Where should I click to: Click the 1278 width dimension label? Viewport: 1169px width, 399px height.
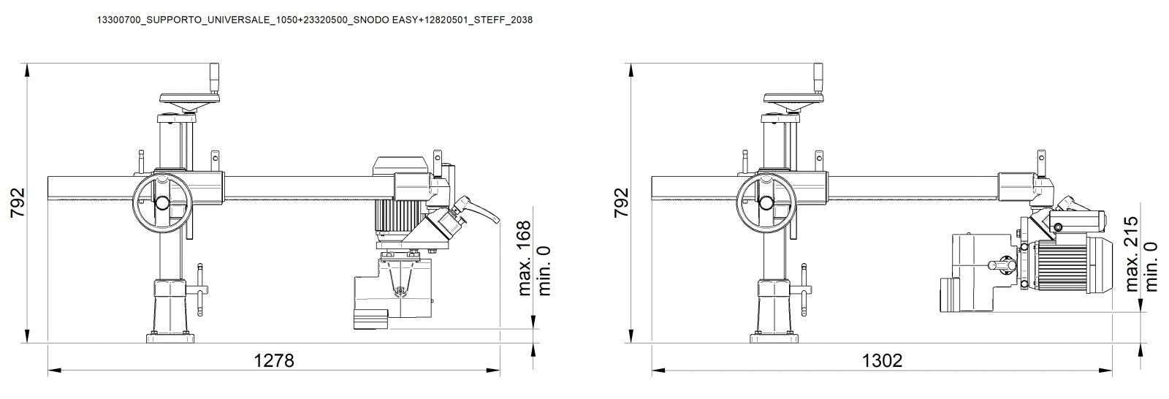(274, 360)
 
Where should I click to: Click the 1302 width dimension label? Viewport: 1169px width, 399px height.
(882, 360)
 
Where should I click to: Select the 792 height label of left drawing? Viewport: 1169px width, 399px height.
(18, 202)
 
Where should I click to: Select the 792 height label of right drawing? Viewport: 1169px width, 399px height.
(621, 202)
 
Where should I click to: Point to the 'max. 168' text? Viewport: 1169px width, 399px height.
(524, 259)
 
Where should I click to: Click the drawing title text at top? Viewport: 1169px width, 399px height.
(315, 20)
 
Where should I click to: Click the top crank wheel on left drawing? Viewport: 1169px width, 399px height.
(188, 99)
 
